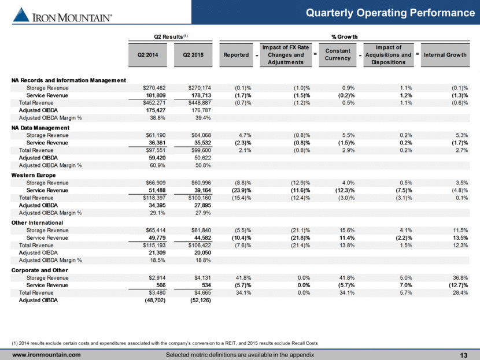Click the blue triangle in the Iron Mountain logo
click(21, 14)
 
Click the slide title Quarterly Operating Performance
click(390, 13)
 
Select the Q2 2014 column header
click(147, 55)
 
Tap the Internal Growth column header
click(445, 55)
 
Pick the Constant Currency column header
click(338, 55)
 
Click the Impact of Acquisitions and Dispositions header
click(389, 55)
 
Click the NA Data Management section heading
click(40, 128)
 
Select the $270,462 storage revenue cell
click(154, 88)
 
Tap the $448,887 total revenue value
click(200, 103)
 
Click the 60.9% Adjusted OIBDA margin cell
click(157, 165)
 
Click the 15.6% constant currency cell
click(347, 231)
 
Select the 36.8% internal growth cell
click(460, 278)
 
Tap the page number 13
click(463, 355)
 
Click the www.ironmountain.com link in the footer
click(46, 355)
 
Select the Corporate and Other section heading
click(40, 270)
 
